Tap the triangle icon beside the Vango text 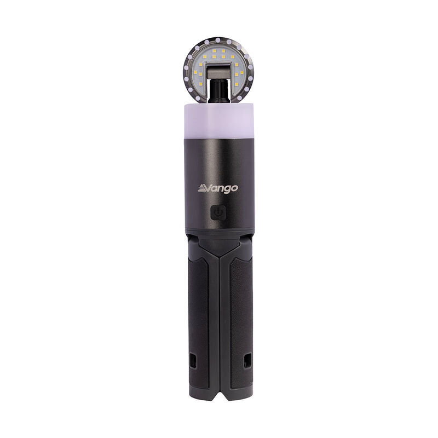pyautogui.click(x=201, y=188)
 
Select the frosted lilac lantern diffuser pyautogui.click(x=218, y=119)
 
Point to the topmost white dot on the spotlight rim pyautogui.click(x=218, y=38)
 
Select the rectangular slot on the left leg pyautogui.click(x=192, y=361)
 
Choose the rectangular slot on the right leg pyautogui.click(x=246, y=361)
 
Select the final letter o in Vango pyautogui.click(x=234, y=188)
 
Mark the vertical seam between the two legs pyautogui.click(x=219, y=318)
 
